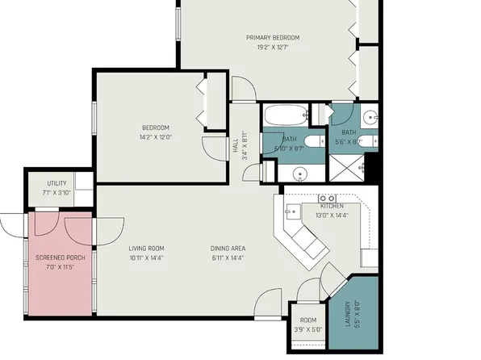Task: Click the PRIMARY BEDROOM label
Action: click(273, 38)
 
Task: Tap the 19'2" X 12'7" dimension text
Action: click(273, 48)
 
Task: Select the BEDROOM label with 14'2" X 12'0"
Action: click(156, 128)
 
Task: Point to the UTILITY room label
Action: click(56, 184)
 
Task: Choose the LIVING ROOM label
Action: click(146, 248)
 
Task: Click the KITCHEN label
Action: click(332, 206)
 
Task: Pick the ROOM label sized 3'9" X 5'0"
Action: click(307, 320)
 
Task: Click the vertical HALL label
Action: click(236, 146)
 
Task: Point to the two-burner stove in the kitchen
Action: click(328, 198)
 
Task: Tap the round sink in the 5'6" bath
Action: click(369, 114)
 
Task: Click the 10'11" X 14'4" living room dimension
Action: click(146, 257)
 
